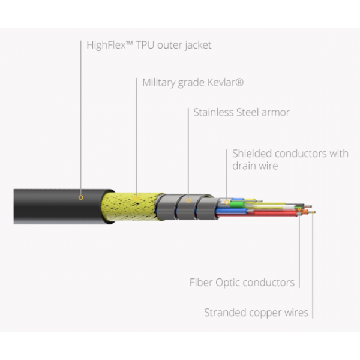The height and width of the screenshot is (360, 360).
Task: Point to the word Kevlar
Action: pyautogui.click(x=227, y=82)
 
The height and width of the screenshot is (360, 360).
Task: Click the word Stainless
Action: pyautogui.click(x=213, y=112)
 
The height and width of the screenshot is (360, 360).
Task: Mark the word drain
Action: pyautogui.click(x=245, y=166)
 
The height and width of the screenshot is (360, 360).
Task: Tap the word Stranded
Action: pyautogui.click(x=225, y=313)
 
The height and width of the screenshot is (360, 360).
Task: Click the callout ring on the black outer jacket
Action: pyautogui.click(x=80, y=196)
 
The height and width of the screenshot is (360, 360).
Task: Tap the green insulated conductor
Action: pyautogui.click(x=237, y=204)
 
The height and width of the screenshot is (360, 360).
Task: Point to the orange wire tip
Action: pyautogui.click(x=307, y=211)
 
